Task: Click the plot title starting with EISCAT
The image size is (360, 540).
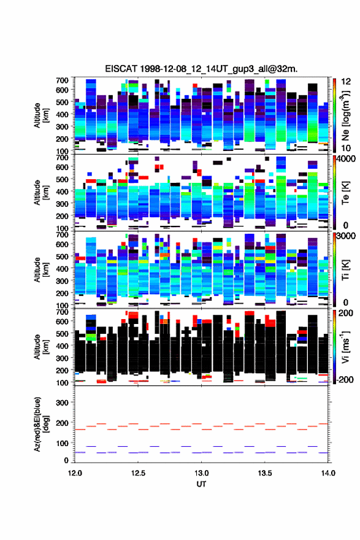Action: click(201, 69)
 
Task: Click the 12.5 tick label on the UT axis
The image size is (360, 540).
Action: click(138, 473)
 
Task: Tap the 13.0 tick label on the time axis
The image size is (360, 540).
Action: click(201, 473)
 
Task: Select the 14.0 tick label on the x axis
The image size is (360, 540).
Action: click(328, 473)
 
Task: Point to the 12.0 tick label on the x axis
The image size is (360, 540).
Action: click(75, 473)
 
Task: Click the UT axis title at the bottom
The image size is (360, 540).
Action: click(201, 484)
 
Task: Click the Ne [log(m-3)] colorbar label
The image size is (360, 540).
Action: click(345, 115)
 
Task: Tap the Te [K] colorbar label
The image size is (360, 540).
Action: click(345, 193)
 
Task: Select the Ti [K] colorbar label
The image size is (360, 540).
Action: click(345, 270)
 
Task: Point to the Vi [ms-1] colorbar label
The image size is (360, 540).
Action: click(345, 347)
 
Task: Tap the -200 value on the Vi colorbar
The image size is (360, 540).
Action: click(345, 380)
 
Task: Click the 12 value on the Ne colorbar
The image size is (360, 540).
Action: click(346, 82)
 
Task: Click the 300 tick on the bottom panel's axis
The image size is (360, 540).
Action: click(63, 403)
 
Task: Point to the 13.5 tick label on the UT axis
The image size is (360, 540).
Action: click(265, 473)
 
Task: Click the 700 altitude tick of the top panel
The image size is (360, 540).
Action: click(63, 80)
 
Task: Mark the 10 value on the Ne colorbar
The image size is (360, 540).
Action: click(346, 148)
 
